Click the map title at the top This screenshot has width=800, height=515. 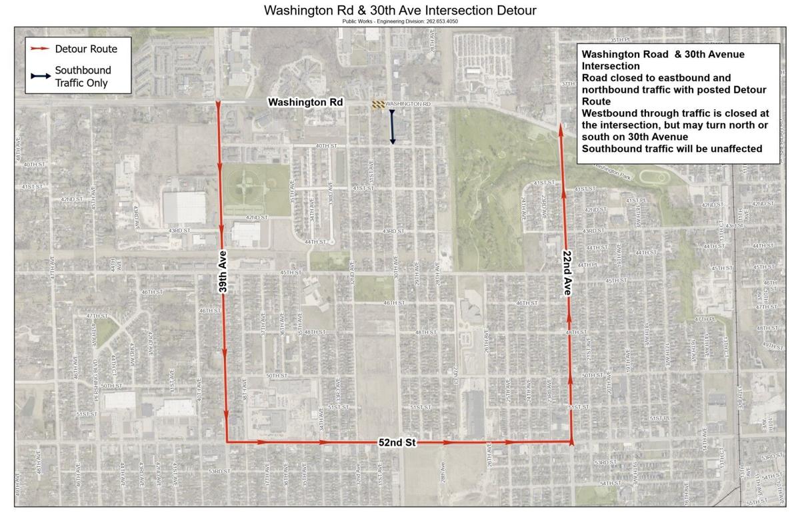(400, 11)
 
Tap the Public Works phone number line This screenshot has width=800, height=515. (400, 21)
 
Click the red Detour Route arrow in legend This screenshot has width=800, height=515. (39, 49)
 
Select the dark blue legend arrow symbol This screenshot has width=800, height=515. (39, 77)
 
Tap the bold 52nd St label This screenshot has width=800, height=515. (399, 442)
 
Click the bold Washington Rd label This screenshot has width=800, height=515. (305, 103)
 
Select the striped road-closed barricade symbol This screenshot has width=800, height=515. (378, 104)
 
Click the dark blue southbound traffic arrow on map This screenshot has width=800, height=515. (393, 127)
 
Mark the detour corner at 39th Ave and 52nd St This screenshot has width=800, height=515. (227, 441)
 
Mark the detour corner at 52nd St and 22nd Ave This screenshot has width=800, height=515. (572, 441)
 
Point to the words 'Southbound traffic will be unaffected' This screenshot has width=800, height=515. (671, 149)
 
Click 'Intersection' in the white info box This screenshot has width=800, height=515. (611, 66)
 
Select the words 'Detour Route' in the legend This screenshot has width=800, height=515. (86, 49)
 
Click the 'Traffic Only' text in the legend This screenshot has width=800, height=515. (81, 83)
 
